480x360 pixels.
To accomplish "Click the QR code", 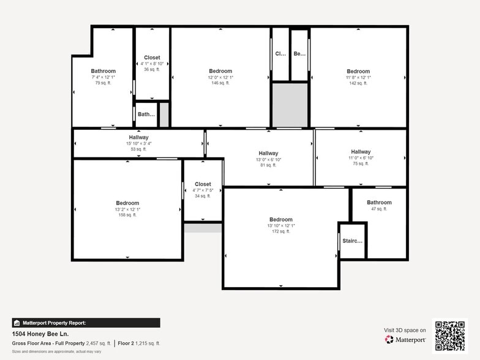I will [449, 336].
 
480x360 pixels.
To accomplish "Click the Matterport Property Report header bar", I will [86, 323].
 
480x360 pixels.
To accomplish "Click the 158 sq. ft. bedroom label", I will [127, 203].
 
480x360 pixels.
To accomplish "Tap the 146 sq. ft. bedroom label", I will [220, 72].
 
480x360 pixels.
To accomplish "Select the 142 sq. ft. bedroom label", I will [358, 72].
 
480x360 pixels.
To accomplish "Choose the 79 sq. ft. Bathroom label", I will [103, 71].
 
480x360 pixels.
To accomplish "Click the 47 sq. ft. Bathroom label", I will [379, 203].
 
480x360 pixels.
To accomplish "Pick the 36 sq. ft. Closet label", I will [152, 58].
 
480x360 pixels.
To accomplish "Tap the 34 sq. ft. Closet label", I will [203, 184].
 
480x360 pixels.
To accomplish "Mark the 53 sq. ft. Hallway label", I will [138, 138].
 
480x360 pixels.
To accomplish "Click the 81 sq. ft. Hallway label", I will [268, 154].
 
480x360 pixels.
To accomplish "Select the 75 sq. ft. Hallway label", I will [361, 152].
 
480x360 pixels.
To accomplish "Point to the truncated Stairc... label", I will [352, 241].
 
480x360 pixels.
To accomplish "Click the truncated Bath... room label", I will [146, 114].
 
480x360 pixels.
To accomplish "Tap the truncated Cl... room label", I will [280, 54].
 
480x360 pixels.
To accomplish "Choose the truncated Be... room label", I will [299, 54].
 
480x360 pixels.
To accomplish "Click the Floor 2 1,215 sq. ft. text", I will [140, 343].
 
